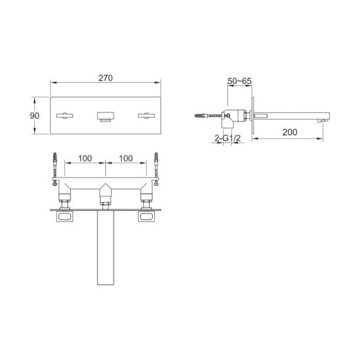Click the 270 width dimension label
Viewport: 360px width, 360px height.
coord(106,78)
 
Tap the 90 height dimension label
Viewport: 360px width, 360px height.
coord(34,116)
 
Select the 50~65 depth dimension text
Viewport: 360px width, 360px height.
coord(240,81)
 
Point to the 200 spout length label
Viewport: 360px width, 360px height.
coord(290,132)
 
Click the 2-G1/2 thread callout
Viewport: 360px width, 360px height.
coord(227,138)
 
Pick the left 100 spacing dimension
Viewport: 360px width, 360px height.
coord(85,158)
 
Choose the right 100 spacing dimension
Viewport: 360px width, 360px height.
coord(126,158)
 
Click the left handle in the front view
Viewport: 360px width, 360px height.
coord(65,115)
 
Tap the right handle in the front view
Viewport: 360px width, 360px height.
coord(146,115)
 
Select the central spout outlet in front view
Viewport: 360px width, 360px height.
coord(105,117)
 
